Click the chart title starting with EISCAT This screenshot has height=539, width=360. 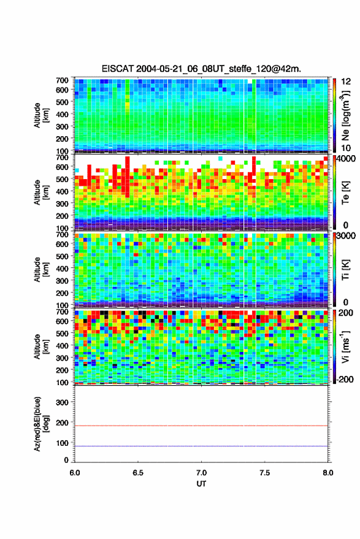201,69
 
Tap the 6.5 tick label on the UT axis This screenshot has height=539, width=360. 138,473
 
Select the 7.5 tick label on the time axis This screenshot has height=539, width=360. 264,473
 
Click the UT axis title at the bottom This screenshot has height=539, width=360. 201,484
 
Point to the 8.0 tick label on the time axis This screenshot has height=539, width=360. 327,473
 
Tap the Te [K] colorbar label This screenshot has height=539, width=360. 345,193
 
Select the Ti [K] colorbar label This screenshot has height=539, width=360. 345,270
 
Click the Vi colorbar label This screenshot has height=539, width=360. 345,346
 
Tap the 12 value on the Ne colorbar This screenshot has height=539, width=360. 346,82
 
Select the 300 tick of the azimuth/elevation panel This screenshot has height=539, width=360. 62,402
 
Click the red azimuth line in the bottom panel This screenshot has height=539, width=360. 201,426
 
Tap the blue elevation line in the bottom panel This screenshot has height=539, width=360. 201,446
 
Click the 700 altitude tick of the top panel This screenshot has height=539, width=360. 62,80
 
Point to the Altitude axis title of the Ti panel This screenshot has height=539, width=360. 41,270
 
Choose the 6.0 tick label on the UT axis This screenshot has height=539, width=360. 75,473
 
